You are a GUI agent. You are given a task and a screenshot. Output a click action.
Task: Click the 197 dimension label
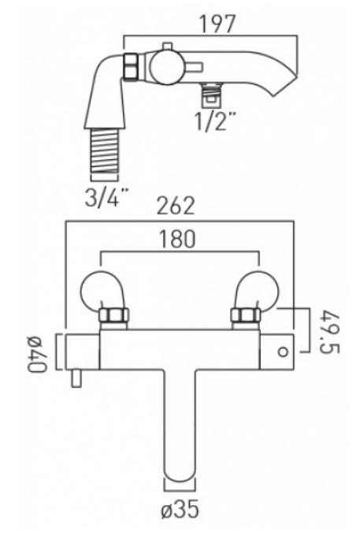[x=217, y=24]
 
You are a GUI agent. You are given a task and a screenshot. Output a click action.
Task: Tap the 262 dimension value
[x=176, y=206]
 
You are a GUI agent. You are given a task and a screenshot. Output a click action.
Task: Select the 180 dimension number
[x=177, y=239]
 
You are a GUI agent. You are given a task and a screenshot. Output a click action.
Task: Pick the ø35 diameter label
[x=180, y=510]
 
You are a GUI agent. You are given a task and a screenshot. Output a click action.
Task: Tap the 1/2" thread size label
[x=216, y=121]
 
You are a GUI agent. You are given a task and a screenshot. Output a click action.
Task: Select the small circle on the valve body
[x=283, y=352]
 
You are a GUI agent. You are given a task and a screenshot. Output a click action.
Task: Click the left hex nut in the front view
[x=113, y=315]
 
